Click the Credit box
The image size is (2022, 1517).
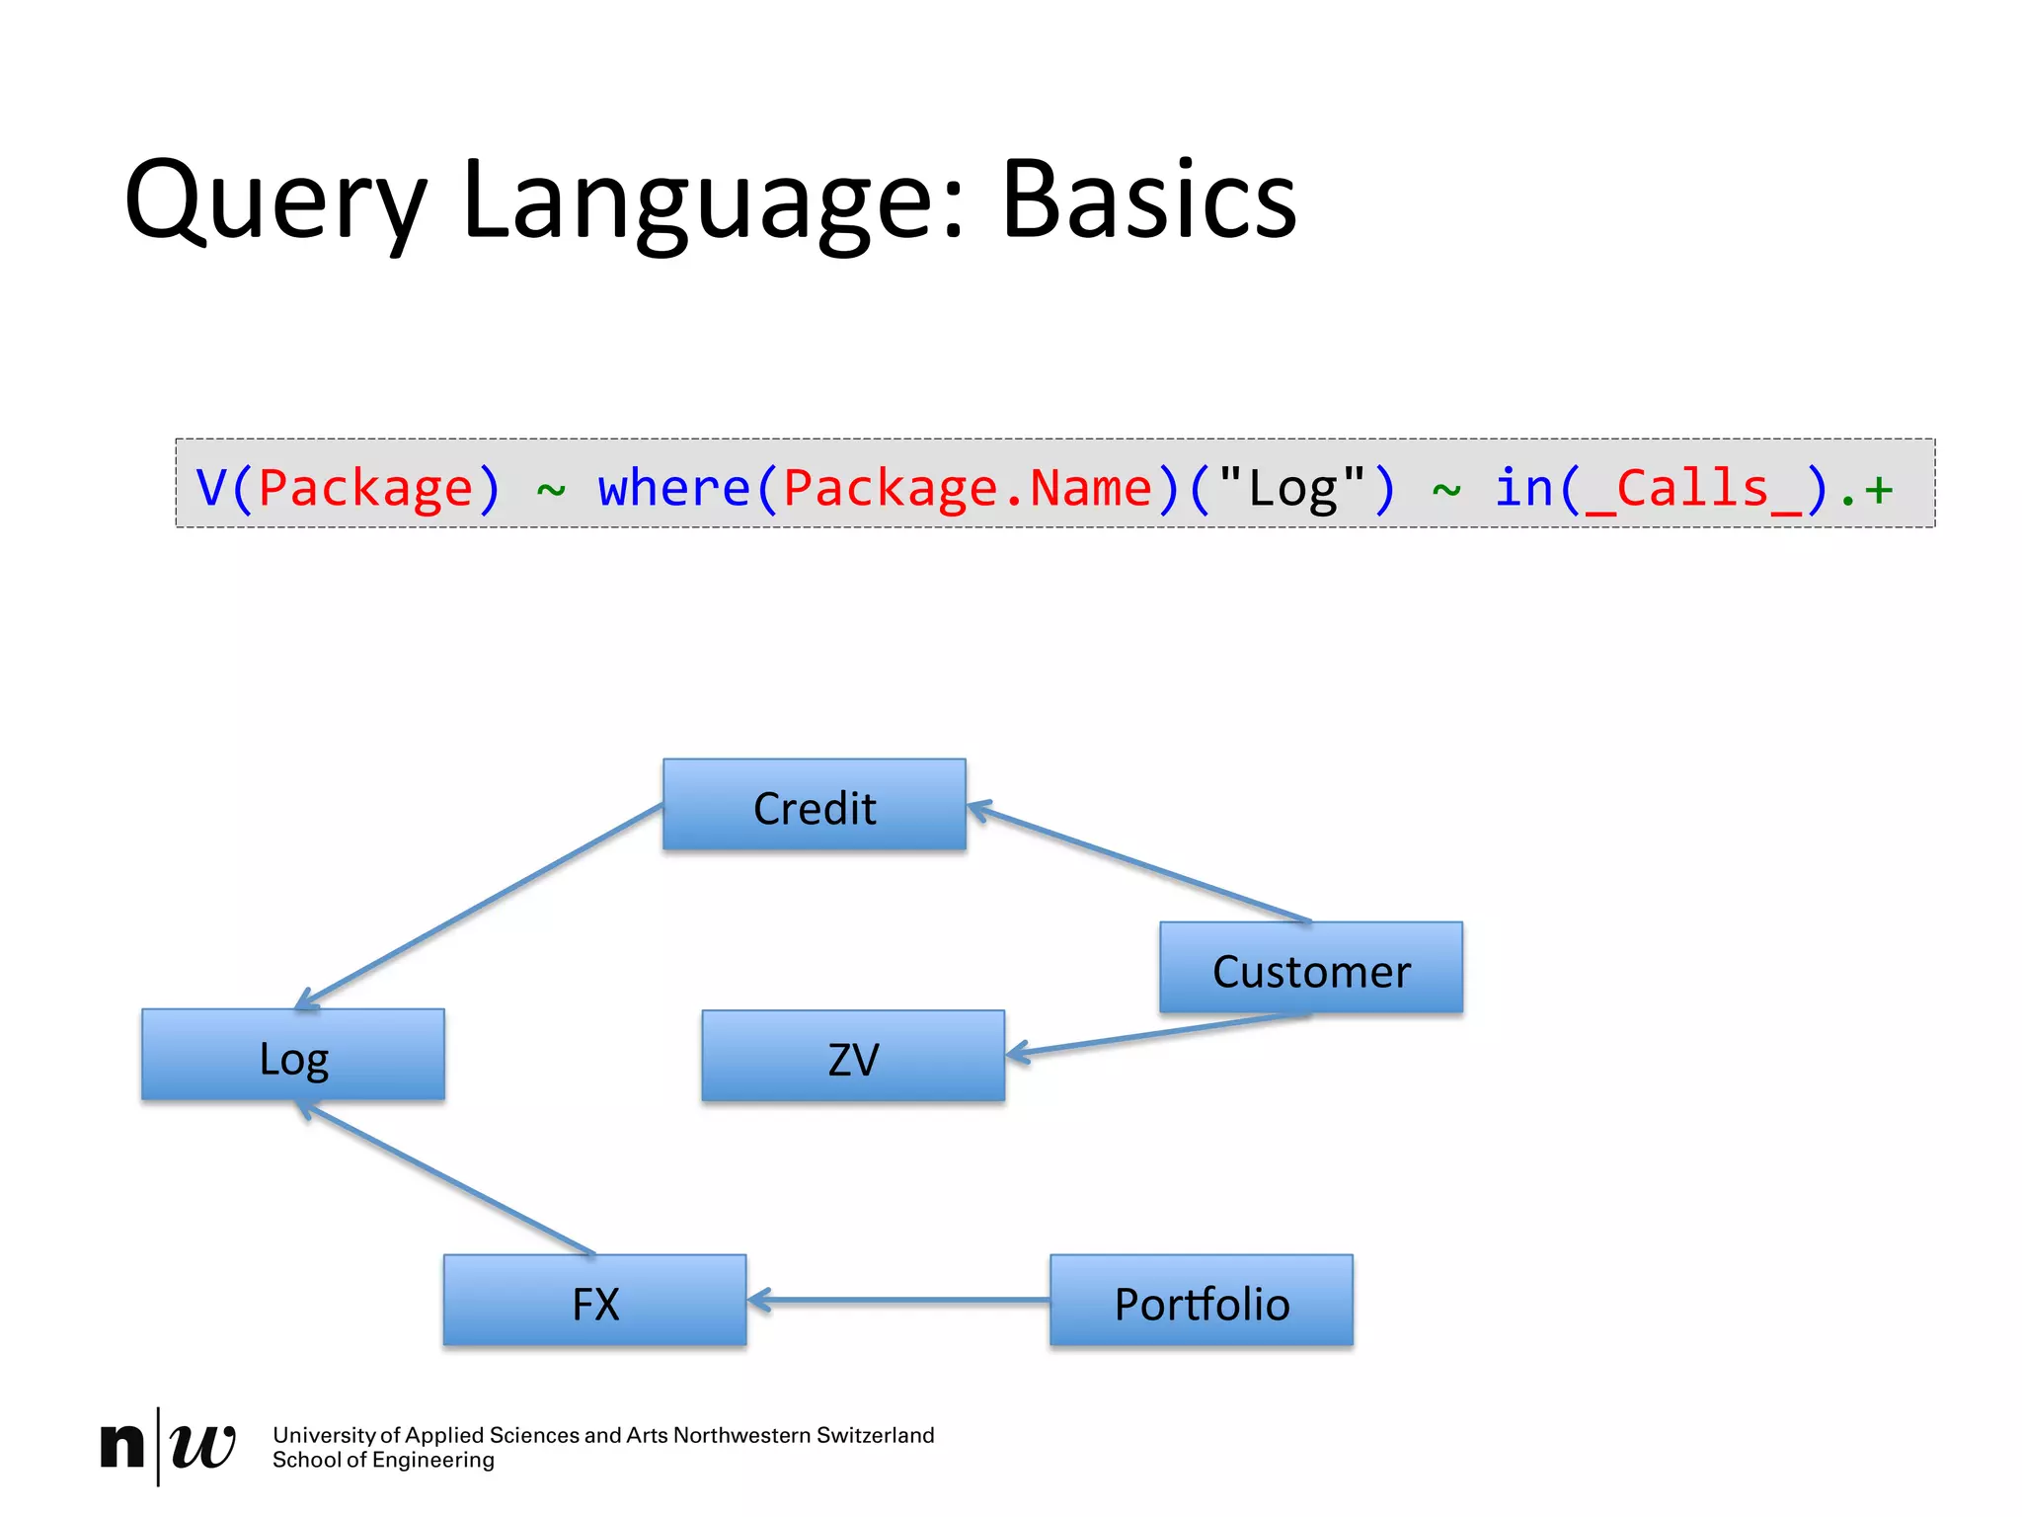tap(814, 805)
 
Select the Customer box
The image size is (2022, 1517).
tap(1310, 968)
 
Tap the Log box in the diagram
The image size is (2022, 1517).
tap(293, 1055)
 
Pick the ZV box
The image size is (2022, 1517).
tap(853, 1057)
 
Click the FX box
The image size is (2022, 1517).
tap(594, 1301)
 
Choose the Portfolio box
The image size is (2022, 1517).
tap(1201, 1301)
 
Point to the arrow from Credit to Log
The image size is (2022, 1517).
tap(480, 906)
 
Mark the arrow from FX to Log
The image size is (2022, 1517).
tap(446, 1179)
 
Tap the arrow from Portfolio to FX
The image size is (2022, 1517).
tap(898, 1301)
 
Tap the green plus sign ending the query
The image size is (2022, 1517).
tap(1879, 489)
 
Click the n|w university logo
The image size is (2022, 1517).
tap(168, 1446)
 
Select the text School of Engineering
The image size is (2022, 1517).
tap(383, 1460)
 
